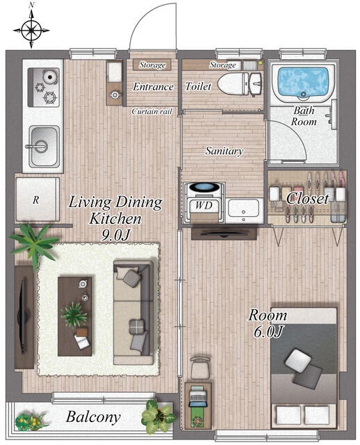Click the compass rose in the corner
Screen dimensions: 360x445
pos(31,30)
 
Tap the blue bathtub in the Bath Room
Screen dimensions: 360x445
pos(303,81)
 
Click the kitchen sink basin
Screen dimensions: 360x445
pos(44,146)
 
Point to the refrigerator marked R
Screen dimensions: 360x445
pos(38,200)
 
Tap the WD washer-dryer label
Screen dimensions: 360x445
pos(204,205)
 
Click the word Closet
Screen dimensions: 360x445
pos(307,198)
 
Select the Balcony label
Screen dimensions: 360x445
pos(93,417)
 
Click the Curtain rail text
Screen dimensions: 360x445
pos(152,111)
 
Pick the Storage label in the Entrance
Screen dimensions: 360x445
pos(152,65)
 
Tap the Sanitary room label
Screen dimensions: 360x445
pos(224,151)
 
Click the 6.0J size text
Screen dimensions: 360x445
pos(268,332)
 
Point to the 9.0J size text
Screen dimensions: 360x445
pos(115,235)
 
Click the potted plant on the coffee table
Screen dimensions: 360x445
pos(74,314)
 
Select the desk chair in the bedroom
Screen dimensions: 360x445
pos(200,368)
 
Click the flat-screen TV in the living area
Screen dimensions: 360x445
pos(22,316)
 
